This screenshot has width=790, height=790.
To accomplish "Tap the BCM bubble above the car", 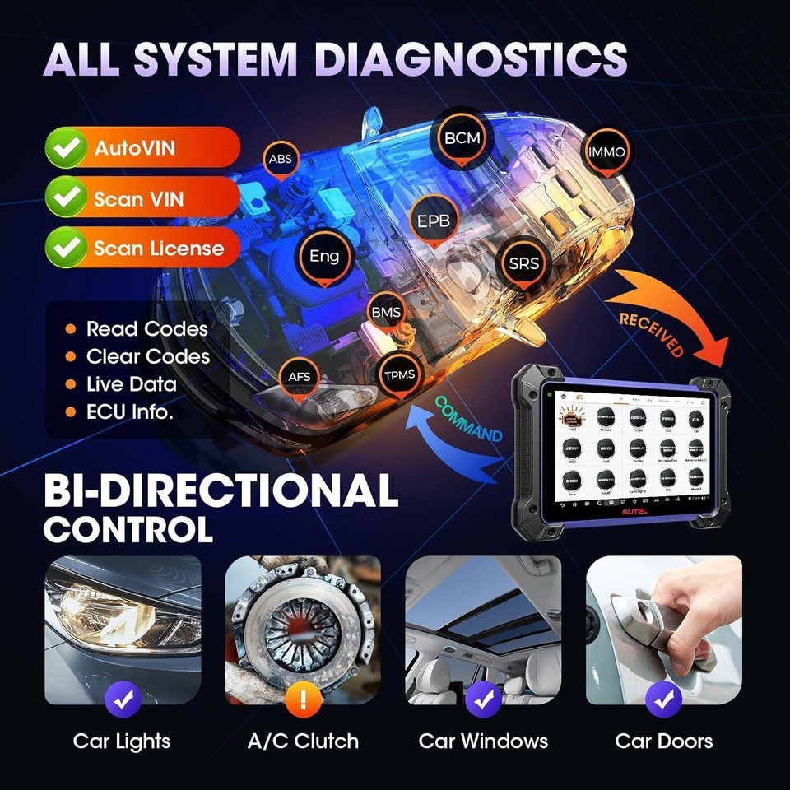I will (x=462, y=138).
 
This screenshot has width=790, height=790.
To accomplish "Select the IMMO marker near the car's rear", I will (x=607, y=151).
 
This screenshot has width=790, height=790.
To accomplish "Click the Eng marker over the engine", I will (x=323, y=256).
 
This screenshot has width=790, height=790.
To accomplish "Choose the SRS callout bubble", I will (x=523, y=264).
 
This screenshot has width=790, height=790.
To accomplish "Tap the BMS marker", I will (x=386, y=313).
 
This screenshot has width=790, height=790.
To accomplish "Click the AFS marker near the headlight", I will (x=299, y=376).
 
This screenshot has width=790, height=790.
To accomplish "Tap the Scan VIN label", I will (x=138, y=198).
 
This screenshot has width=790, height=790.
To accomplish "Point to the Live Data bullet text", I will (x=131, y=383).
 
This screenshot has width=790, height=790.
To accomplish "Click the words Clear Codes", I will (x=147, y=356).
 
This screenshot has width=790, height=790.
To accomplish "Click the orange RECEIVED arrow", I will (x=667, y=313).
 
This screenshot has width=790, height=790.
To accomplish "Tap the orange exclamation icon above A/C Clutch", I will (x=303, y=699).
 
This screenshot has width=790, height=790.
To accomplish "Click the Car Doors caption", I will (x=663, y=741).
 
